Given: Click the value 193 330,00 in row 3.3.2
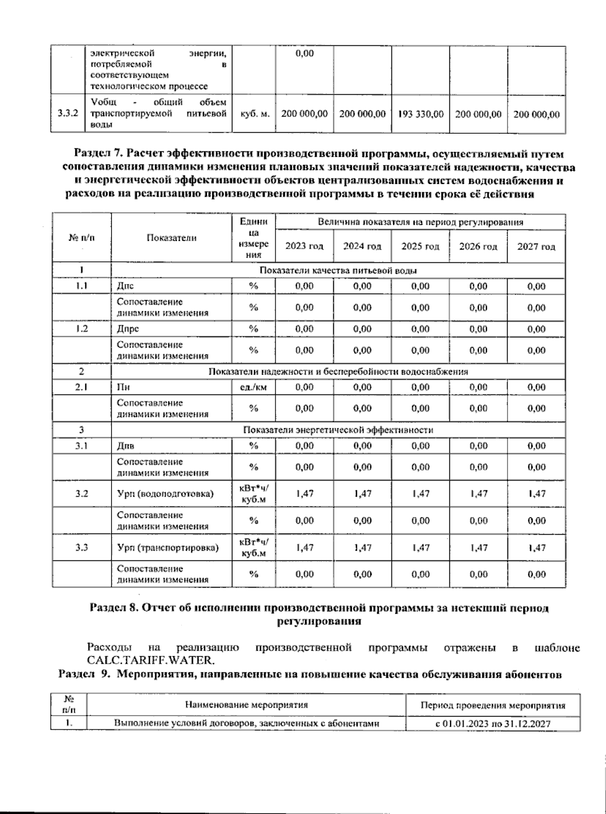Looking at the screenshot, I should tap(421, 114).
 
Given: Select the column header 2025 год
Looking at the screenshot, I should tap(420, 246).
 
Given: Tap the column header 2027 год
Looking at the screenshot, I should tap(536, 246).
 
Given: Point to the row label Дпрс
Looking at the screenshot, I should tap(128, 329).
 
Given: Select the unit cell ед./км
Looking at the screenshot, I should tap(254, 387).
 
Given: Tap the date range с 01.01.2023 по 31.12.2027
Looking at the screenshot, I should tap(493, 724).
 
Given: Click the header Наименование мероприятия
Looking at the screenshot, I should tap(246, 705).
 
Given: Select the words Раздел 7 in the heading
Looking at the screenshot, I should tap(98, 153).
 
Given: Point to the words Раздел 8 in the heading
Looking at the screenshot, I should tap(113, 608).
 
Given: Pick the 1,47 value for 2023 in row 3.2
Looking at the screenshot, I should tap(305, 493).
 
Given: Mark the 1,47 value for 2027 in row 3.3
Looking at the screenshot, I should tap(536, 547).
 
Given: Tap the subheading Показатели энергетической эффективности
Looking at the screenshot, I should tap(338, 430).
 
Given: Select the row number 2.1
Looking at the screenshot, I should tap(81, 387).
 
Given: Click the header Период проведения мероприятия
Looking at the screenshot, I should tap(493, 705).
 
